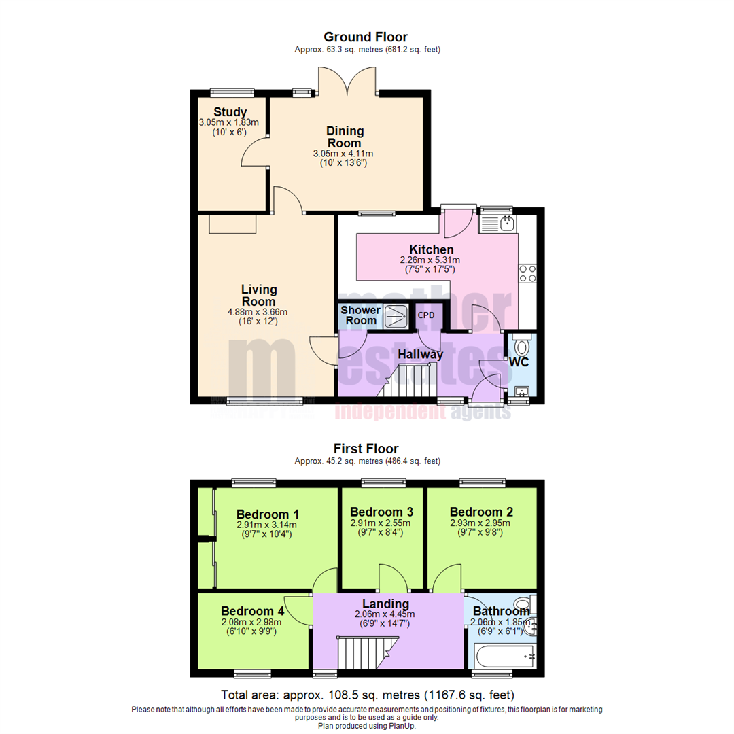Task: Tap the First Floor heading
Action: pos(366,449)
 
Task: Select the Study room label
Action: pos(230,112)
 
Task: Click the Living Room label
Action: pos(258,296)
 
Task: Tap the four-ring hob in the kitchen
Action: pos(527,273)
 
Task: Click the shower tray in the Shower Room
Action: pos(395,315)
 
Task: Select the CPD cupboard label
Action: pos(426,315)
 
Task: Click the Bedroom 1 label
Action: pos(268,514)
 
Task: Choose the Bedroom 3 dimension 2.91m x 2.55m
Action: pos(381,524)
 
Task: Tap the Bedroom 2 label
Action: pos(481,512)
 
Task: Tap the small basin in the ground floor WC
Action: pos(521,391)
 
